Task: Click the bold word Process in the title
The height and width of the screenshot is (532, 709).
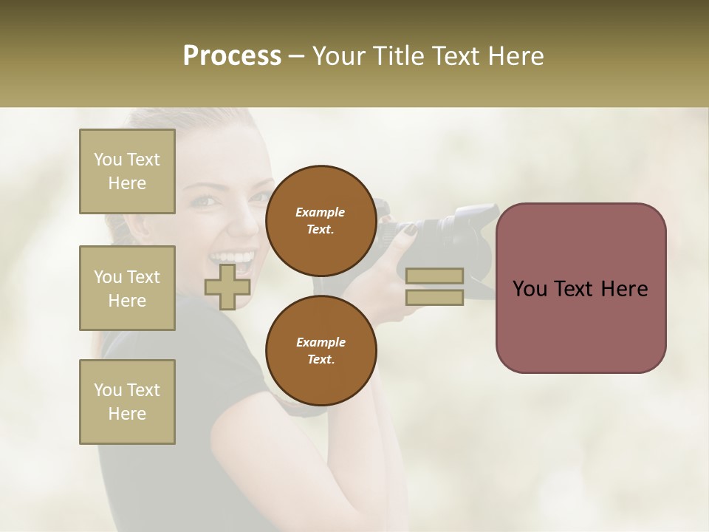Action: click(232, 56)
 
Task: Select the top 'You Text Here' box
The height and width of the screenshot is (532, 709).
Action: click(127, 171)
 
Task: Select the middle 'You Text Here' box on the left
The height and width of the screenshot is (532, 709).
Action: click(127, 288)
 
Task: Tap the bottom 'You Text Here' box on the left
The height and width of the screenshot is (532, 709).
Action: click(127, 402)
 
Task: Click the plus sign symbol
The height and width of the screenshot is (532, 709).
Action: click(227, 287)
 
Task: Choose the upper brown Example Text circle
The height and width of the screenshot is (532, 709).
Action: click(321, 221)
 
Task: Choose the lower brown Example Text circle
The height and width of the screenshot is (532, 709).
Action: click(321, 351)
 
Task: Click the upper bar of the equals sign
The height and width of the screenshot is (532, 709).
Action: click(434, 276)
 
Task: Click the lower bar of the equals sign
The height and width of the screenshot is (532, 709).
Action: click(434, 297)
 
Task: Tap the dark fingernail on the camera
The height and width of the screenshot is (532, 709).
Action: click(409, 230)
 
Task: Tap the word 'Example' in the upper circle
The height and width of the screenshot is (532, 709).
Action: click(321, 212)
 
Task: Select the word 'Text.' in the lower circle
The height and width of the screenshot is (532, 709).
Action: click(321, 360)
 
